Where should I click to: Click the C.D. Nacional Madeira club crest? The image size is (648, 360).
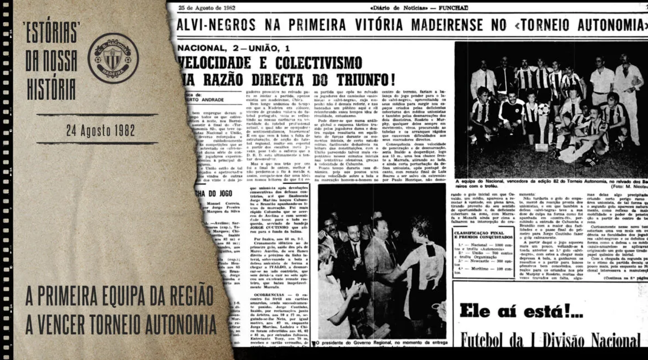point(113,58)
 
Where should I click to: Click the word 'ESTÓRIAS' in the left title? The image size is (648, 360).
point(51,32)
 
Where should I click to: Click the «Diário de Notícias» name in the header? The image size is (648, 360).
point(397,7)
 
